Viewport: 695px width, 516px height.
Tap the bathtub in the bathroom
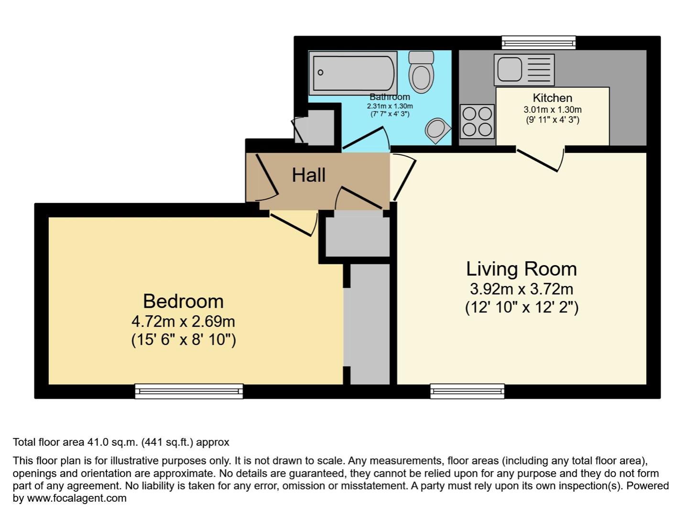point(353,73)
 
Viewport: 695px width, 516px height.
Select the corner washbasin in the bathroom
point(437,130)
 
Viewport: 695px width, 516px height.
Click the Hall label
point(309,175)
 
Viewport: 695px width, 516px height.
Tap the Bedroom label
point(183,301)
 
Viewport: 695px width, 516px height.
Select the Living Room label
point(521,269)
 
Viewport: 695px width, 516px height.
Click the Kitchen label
point(552,98)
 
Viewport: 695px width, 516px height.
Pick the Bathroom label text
point(390,97)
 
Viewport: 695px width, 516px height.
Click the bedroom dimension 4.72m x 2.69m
point(183,321)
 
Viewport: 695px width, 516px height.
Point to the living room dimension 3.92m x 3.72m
point(521,289)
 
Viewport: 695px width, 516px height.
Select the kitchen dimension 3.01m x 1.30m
point(552,109)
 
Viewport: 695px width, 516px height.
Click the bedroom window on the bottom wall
point(189,391)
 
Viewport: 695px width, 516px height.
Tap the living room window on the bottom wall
point(467,391)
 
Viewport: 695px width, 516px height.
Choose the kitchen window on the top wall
point(539,43)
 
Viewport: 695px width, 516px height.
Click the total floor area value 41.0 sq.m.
point(112,442)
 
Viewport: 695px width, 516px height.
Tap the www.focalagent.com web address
point(76,498)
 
